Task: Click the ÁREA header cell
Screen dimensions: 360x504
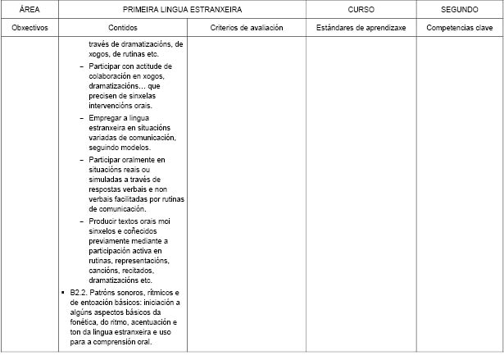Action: coord(30,11)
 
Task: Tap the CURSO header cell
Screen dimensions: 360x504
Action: coord(361,11)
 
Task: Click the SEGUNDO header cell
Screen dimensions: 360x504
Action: coord(460,11)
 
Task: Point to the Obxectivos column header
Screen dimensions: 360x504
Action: coord(30,28)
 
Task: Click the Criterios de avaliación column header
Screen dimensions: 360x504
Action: coord(247,28)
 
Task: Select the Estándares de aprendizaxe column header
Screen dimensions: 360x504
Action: coord(361,28)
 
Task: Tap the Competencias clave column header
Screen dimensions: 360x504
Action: coord(460,28)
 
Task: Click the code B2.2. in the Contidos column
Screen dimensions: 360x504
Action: coord(79,293)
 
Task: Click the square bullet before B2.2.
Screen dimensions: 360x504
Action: coord(63,293)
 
